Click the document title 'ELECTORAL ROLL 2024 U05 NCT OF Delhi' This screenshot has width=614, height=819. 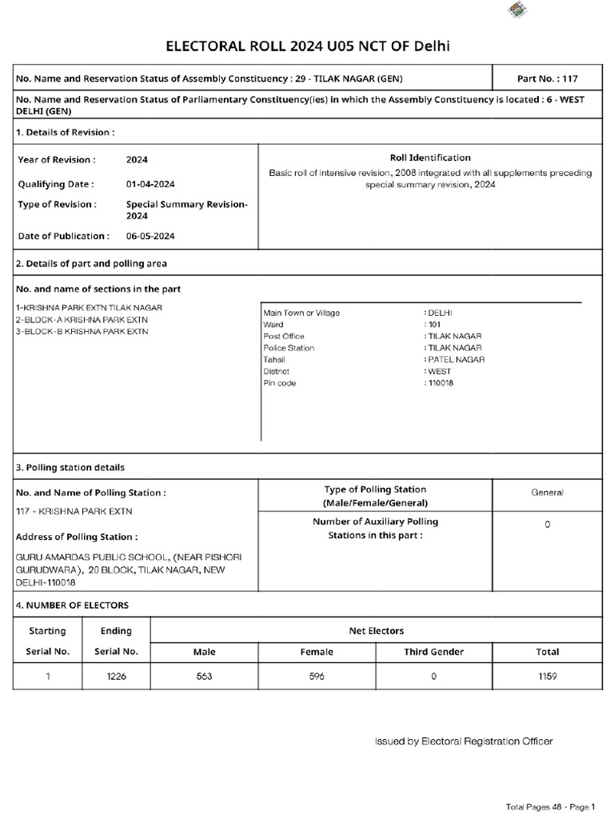307,46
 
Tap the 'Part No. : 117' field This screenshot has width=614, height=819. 547,79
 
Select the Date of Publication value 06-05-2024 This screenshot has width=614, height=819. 150,236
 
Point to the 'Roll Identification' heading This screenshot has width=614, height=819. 430,158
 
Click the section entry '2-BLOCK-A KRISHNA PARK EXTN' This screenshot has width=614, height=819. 82,320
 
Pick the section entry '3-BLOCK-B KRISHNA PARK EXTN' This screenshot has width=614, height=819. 82,331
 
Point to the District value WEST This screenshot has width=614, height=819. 439,371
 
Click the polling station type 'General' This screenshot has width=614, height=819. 547,493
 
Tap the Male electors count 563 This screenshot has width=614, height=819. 205,676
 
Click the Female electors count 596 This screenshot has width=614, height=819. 317,676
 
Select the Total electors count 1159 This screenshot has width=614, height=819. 547,676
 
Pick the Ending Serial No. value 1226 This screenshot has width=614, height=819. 116,676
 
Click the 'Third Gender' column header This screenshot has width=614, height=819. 433,652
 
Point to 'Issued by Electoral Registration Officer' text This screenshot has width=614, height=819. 464,741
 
